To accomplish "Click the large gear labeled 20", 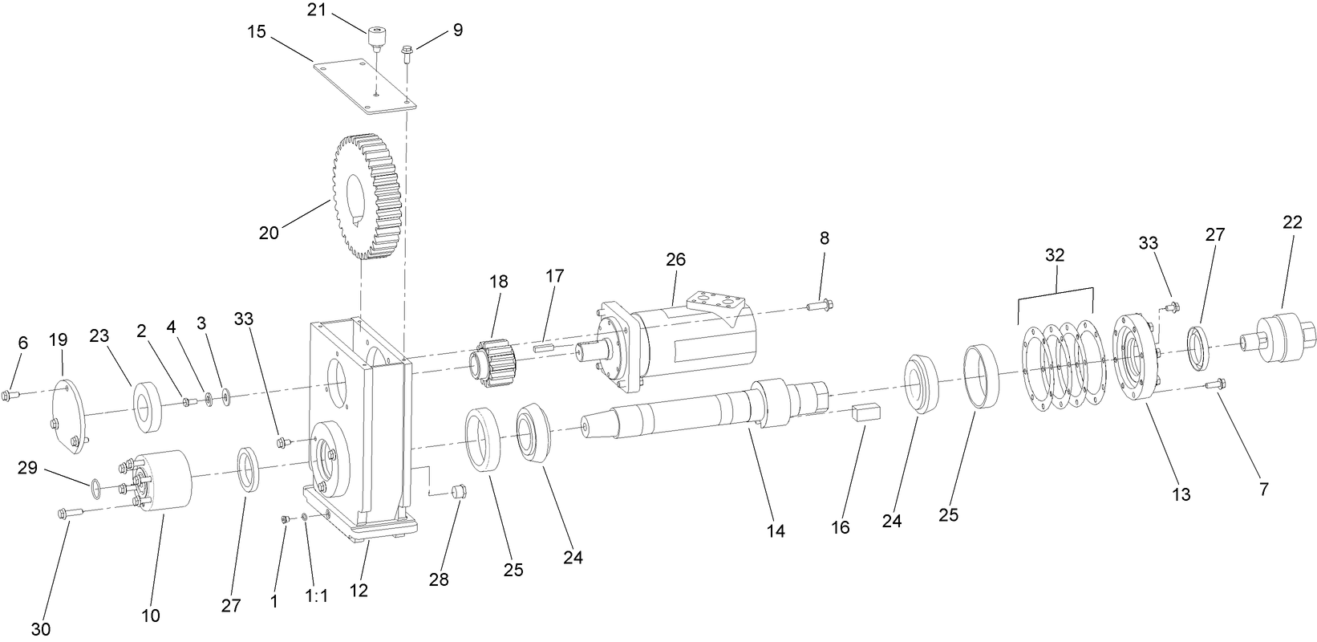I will pyautogui.click(x=366, y=197).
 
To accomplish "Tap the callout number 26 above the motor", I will pyautogui.click(x=676, y=260).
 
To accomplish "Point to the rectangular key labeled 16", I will pyautogui.click(x=866, y=412).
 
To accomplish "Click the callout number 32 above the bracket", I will pyautogui.click(x=1054, y=255).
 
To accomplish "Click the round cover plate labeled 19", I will pyautogui.click(x=70, y=417).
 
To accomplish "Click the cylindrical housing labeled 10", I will pyautogui.click(x=164, y=478).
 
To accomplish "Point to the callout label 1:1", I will pyautogui.click(x=317, y=596).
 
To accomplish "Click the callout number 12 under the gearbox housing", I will pyautogui.click(x=359, y=590).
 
